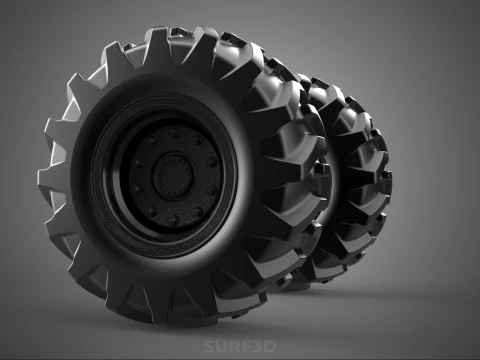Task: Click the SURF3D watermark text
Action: (239, 347)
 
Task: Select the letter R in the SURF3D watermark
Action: (233, 347)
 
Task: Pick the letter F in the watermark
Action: (245, 347)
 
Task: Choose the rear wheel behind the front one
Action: (350, 180)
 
